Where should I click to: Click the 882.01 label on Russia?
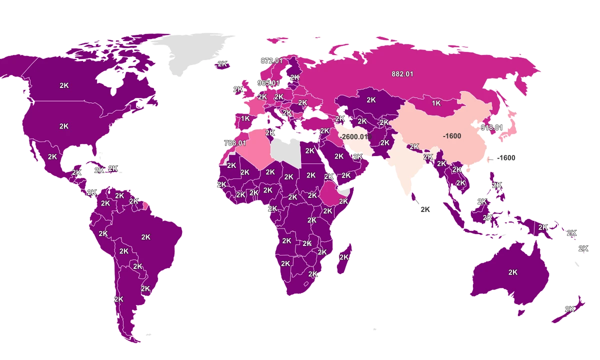[402, 74]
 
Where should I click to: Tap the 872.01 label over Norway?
[271, 61]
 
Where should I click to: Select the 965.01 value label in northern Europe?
[268, 83]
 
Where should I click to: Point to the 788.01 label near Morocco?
[235, 143]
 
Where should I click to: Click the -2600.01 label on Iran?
[355, 136]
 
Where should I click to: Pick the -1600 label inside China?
[452, 136]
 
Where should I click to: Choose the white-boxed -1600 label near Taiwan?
[506, 158]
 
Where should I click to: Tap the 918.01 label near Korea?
[491, 127]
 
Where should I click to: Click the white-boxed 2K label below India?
[425, 210]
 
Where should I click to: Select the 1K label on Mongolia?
[436, 103]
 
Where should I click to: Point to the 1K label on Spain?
[245, 118]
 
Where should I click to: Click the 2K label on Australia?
[513, 272]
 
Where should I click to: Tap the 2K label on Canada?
[64, 85]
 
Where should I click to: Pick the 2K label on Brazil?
[145, 237]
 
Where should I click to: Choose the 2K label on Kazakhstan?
[371, 100]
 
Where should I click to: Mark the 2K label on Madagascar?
[344, 257]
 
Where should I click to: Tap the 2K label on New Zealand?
[569, 309]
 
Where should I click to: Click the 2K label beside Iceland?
[223, 64]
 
